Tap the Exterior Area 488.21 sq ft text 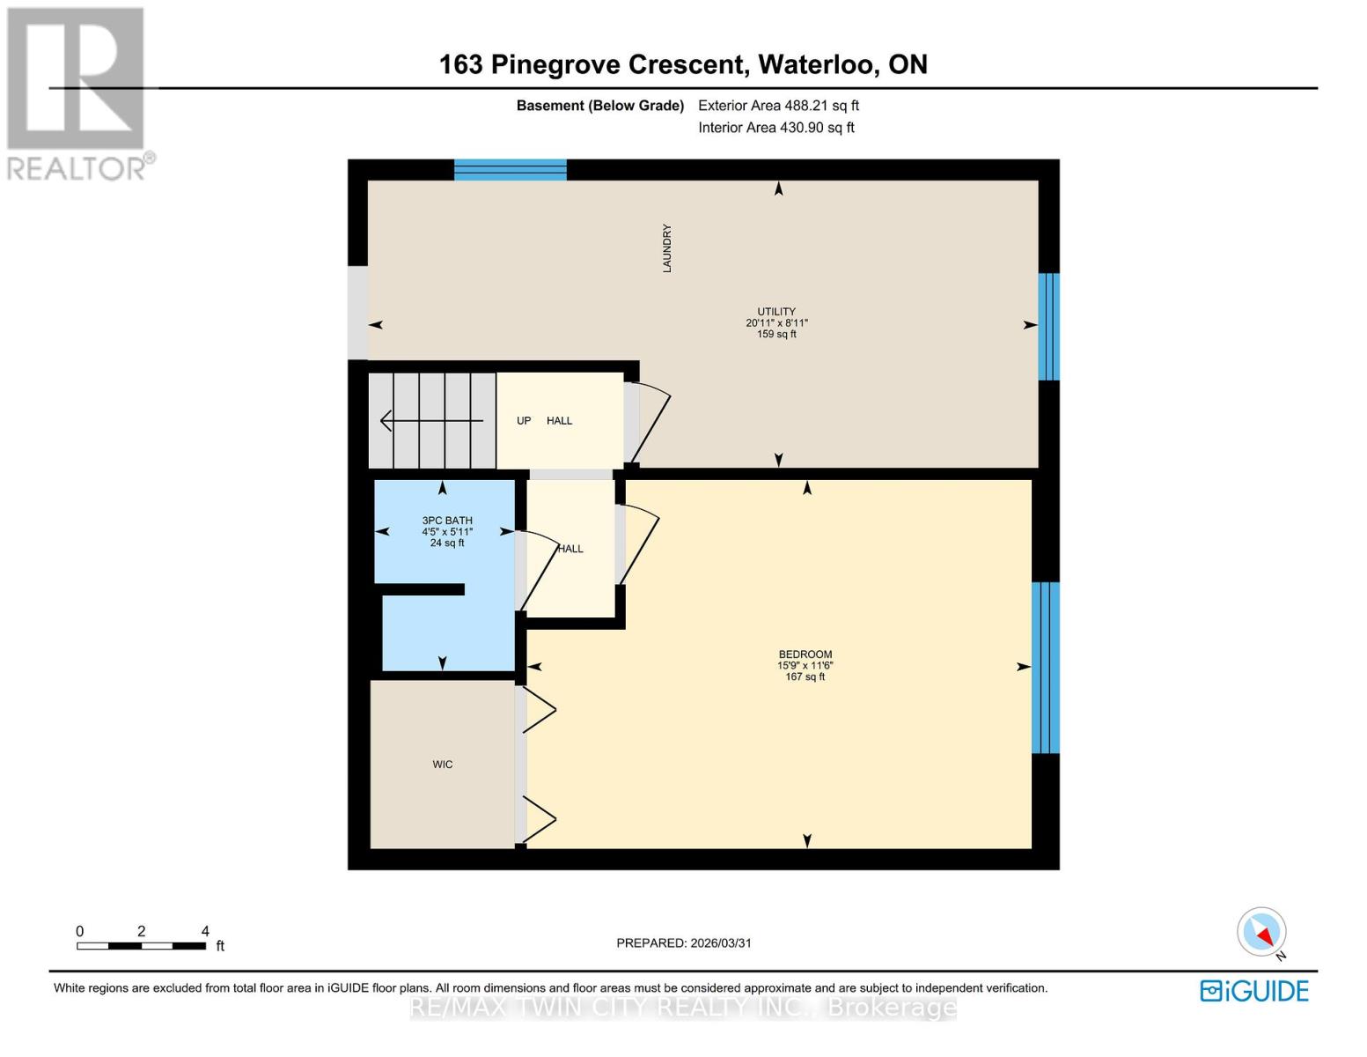tap(778, 106)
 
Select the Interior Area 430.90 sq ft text tap(775, 128)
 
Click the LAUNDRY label tap(667, 248)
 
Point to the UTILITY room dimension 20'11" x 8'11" tap(776, 323)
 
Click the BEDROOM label tap(805, 654)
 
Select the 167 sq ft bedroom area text tap(805, 677)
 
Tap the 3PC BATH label tap(447, 521)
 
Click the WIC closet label tap(443, 765)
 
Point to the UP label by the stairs tap(524, 421)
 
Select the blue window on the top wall tap(511, 170)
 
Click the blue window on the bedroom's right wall tap(1045, 668)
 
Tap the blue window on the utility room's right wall tap(1048, 327)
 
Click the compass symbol tap(1261, 932)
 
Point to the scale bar tap(142, 946)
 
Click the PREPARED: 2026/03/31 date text tap(684, 943)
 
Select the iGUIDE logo tap(1254, 991)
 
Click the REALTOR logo tap(77, 93)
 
